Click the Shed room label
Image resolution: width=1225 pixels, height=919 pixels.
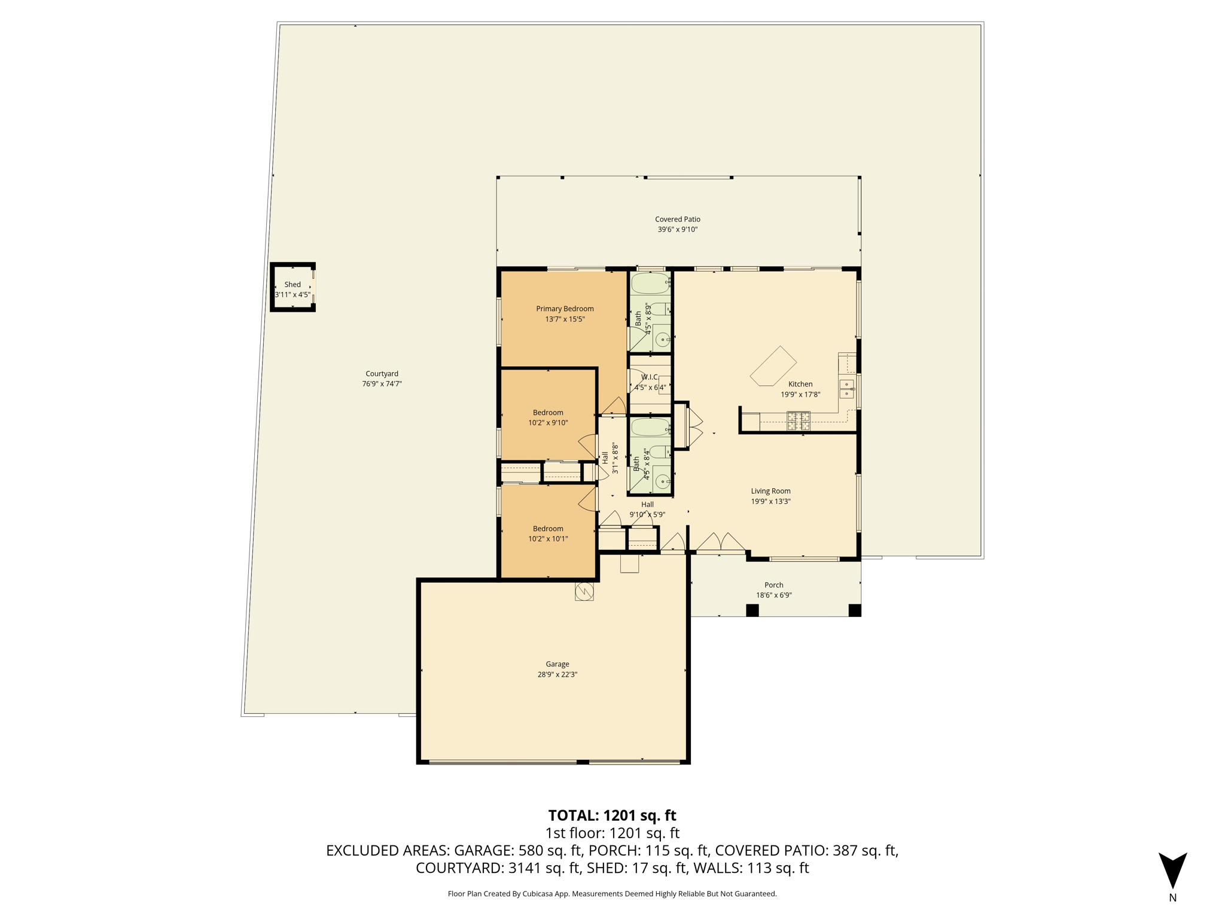pyautogui.click(x=292, y=285)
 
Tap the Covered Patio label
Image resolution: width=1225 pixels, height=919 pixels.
pyautogui.click(x=677, y=220)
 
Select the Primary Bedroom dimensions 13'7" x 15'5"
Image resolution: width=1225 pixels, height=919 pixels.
pyautogui.click(x=565, y=319)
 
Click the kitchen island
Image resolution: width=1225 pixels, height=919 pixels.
pyautogui.click(x=773, y=366)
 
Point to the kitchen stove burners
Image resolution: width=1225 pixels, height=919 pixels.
pyautogui.click(x=799, y=421)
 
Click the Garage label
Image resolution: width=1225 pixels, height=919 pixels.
pyautogui.click(x=557, y=664)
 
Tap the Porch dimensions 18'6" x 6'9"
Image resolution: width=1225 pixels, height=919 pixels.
pyautogui.click(x=774, y=595)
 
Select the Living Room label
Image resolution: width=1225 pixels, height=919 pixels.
pyautogui.click(x=770, y=491)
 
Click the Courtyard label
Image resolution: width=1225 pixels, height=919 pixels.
pyautogui.click(x=382, y=374)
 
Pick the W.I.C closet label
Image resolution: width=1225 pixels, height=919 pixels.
pyautogui.click(x=650, y=377)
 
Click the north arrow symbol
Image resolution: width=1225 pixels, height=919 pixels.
pyautogui.click(x=1172, y=871)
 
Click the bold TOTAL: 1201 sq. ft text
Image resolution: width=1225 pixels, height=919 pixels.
pyautogui.click(x=612, y=815)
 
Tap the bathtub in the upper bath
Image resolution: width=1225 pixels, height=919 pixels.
pyautogui.click(x=650, y=284)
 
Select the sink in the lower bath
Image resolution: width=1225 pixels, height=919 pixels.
pyautogui.click(x=662, y=480)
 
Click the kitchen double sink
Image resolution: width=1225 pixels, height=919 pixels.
pyautogui.click(x=847, y=389)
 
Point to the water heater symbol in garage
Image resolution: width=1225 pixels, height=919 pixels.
pyautogui.click(x=584, y=592)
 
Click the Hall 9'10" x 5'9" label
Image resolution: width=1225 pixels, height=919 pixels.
pyautogui.click(x=647, y=510)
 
